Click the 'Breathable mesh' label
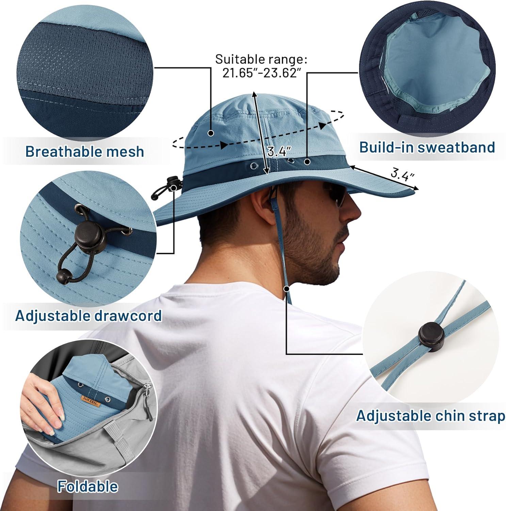85,152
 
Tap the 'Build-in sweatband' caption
427,147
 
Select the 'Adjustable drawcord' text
88,315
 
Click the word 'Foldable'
88,486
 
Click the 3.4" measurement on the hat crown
279,151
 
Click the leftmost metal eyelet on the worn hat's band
254,166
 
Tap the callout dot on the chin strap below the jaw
287,289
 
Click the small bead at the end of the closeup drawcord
61,275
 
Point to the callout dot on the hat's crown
211,133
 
